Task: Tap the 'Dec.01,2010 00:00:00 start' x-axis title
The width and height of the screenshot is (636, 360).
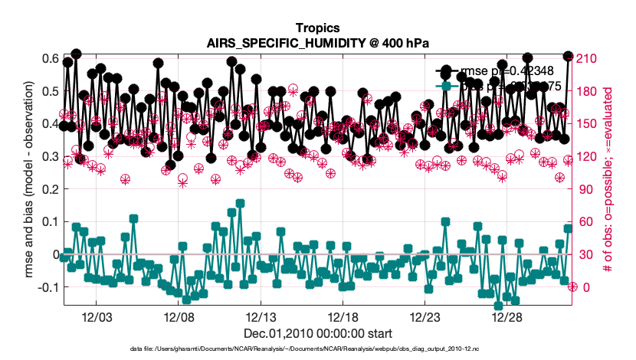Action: click(x=317, y=333)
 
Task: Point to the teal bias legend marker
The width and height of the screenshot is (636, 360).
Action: click(x=447, y=87)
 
